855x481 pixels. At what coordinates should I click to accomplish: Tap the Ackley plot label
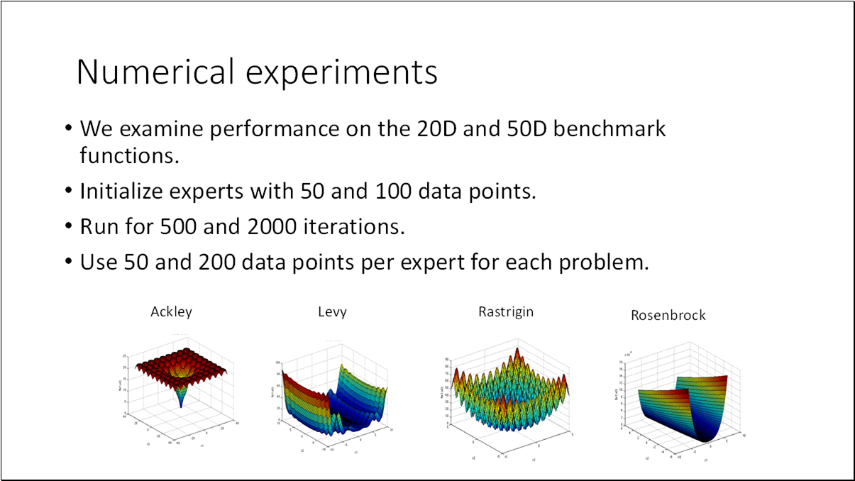171,311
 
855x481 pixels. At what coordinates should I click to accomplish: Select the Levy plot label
332,312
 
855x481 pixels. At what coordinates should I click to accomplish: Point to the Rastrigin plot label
506,311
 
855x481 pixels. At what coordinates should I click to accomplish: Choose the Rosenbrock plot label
668,315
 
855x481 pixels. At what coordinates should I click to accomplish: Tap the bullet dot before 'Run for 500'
69,227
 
